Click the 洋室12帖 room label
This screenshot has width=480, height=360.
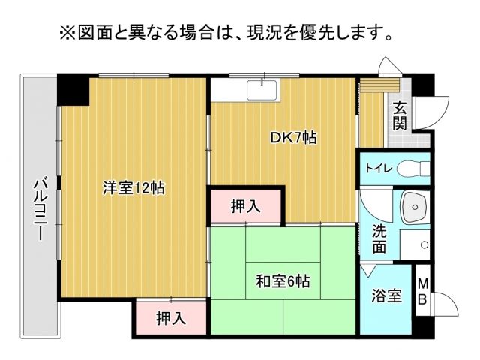133,188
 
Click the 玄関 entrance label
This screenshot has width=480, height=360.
400,115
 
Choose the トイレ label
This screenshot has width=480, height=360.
377,168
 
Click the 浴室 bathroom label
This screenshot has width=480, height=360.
386,296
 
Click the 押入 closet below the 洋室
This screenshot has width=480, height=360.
170,318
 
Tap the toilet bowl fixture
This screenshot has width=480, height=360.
412,169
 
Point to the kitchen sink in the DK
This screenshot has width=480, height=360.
262,91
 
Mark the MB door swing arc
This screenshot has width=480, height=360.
445,307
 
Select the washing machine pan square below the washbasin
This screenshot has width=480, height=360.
414,244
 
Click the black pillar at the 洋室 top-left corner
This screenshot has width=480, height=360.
73,91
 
